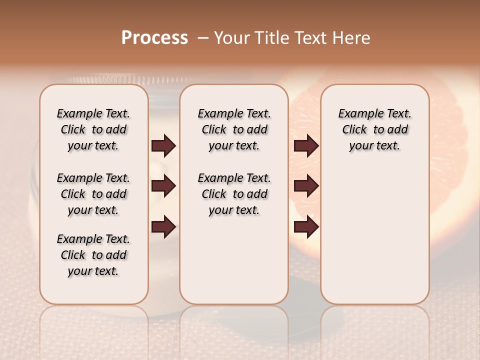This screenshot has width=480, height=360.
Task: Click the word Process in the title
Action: point(154,38)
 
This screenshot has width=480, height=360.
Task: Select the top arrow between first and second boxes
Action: point(163,146)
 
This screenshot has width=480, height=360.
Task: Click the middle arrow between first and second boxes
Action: point(163,186)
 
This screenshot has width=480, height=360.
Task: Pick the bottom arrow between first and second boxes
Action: point(163,227)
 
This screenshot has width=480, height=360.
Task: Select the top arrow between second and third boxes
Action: point(306,146)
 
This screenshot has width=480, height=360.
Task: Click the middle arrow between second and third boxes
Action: point(306,186)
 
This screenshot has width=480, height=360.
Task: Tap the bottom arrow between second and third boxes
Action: point(306,227)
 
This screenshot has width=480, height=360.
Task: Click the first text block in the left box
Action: point(93,129)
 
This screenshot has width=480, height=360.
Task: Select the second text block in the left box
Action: point(93,194)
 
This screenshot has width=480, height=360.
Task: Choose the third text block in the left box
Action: point(93,255)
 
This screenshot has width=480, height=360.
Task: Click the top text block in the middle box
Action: point(234,129)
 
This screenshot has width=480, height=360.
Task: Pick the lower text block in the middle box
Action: point(234,194)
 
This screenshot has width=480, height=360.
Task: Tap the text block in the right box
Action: point(374,129)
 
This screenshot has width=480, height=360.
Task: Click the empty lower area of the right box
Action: point(374,240)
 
